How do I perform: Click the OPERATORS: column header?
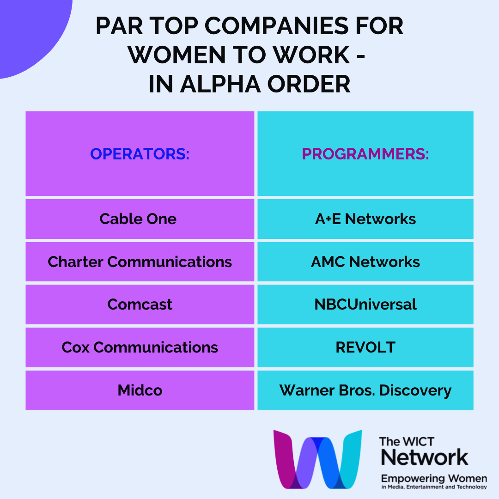point(140,154)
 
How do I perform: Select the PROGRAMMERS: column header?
point(365,154)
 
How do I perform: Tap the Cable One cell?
point(140,219)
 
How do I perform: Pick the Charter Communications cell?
point(140,262)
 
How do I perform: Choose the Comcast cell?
point(140,304)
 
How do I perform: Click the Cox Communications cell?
point(140,347)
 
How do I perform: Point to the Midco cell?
point(140,390)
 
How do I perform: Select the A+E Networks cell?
point(365,219)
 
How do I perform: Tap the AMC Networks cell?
point(365,262)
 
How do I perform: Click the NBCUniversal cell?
point(365,304)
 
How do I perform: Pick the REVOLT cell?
point(365,347)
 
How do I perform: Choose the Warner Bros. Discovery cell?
point(365,390)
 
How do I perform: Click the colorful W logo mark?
point(317,459)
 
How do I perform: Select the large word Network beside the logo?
point(425,457)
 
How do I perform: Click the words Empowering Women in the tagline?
point(434,478)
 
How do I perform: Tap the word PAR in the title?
point(119,26)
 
